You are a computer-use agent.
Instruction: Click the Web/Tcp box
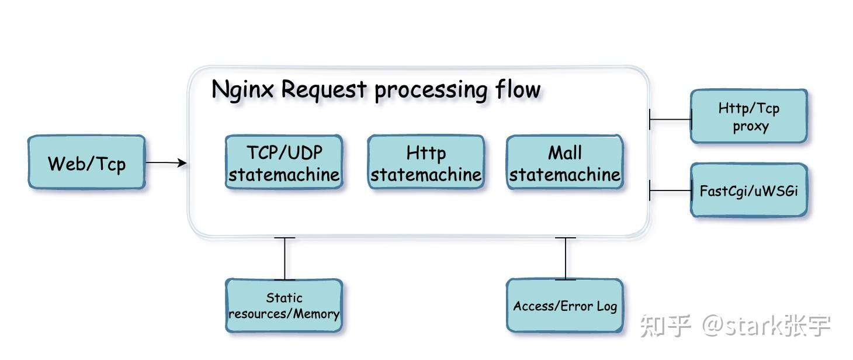pyautogui.click(x=86, y=162)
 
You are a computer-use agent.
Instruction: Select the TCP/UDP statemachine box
pyautogui.click(x=284, y=162)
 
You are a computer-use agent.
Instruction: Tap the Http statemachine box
pyautogui.click(x=426, y=162)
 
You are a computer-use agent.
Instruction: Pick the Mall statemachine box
pyautogui.click(x=564, y=162)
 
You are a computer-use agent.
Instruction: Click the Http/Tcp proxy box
pyautogui.click(x=749, y=117)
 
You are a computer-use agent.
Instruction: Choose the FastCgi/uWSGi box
pyautogui.click(x=749, y=191)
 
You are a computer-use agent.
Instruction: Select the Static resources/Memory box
pyautogui.click(x=284, y=306)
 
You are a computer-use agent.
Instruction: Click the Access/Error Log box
pyautogui.click(x=564, y=306)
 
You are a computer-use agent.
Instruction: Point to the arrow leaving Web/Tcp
pyautogui.click(x=166, y=162)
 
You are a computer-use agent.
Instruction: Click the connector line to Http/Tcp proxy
pyautogui.click(x=670, y=119)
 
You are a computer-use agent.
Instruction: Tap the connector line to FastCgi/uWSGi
pyautogui.click(x=670, y=191)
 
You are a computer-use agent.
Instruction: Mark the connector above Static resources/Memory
pyautogui.click(x=285, y=258)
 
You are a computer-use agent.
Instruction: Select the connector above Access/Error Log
pyautogui.click(x=565, y=258)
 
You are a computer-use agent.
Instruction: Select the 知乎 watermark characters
pyautogui.click(x=665, y=326)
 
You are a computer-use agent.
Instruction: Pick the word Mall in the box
pyautogui.click(x=564, y=153)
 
